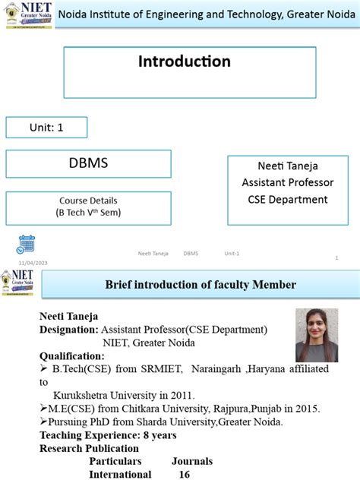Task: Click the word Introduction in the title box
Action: pyautogui.click(x=185, y=62)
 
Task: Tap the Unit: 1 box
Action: pyautogui.click(x=46, y=127)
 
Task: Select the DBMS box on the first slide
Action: pyautogui.click(x=88, y=163)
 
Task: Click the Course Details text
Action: pyautogui.click(x=88, y=201)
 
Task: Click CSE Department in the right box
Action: pyautogui.click(x=287, y=200)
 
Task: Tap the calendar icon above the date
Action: pyautogui.click(x=26, y=244)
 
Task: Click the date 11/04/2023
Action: pyautogui.click(x=33, y=262)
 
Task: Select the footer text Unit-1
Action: pyautogui.click(x=231, y=253)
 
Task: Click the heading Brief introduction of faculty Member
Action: pyautogui.click(x=200, y=285)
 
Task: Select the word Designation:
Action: pyautogui.click(x=68, y=330)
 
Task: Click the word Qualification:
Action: pyautogui.click(x=72, y=355)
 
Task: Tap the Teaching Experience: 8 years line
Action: pyautogui.click(x=108, y=435)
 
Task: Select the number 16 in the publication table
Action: pyautogui.click(x=184, y=474)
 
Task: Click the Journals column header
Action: pyautogui.click(x=192, y=461)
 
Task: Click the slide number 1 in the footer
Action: pyautogui.click(x=336, y=258)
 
